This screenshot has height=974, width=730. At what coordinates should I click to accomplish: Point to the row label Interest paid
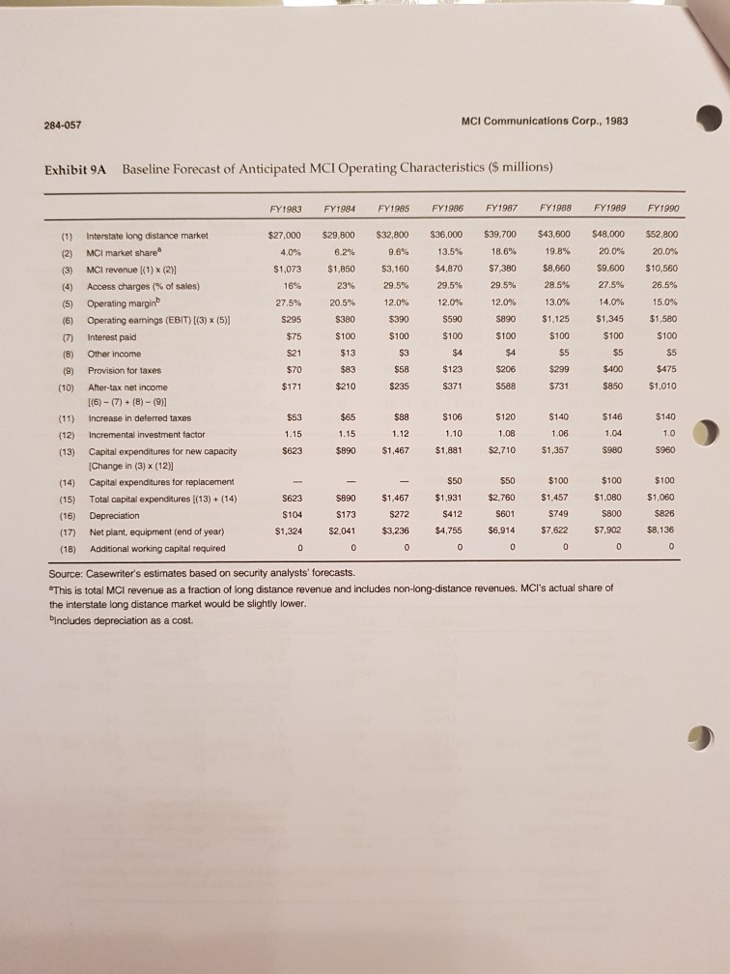tap(113, 335)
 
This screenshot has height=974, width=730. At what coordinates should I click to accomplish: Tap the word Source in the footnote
tap(69, 575)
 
